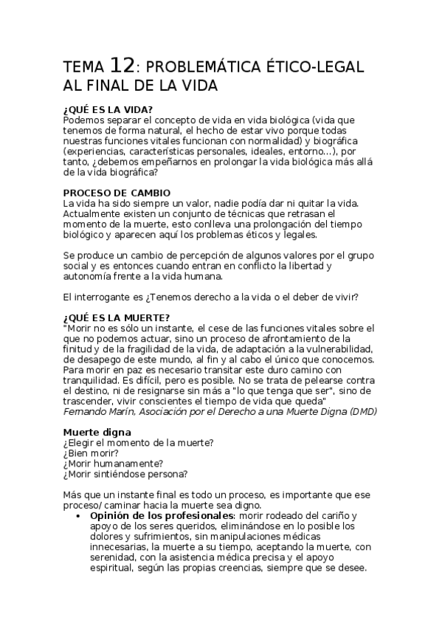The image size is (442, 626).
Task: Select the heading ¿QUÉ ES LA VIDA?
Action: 108,109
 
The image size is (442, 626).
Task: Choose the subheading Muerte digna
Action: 97,431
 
